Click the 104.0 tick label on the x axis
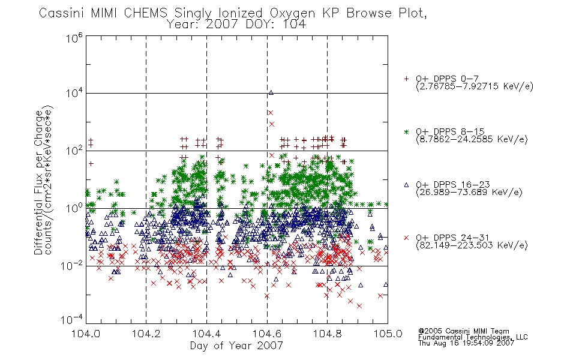[86, 334]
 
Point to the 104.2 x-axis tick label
[146, 334]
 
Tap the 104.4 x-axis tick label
[206, 334]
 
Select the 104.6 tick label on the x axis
[267, 334]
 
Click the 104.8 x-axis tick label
[327, 334]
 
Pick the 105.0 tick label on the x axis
[388, 334]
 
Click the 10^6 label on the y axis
[74, 38]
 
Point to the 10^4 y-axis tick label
[74, 93]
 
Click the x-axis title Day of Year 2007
[236, 346]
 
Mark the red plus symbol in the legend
[406, 79]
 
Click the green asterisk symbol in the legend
[406, 131]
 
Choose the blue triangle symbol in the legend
[406, 185]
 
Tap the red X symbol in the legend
[406, 238]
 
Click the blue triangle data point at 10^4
[271, 93]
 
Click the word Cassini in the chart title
[62, 13]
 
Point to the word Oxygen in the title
[292, 14]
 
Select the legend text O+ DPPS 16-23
[453, 184]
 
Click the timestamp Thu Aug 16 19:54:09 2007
[466, 343]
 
